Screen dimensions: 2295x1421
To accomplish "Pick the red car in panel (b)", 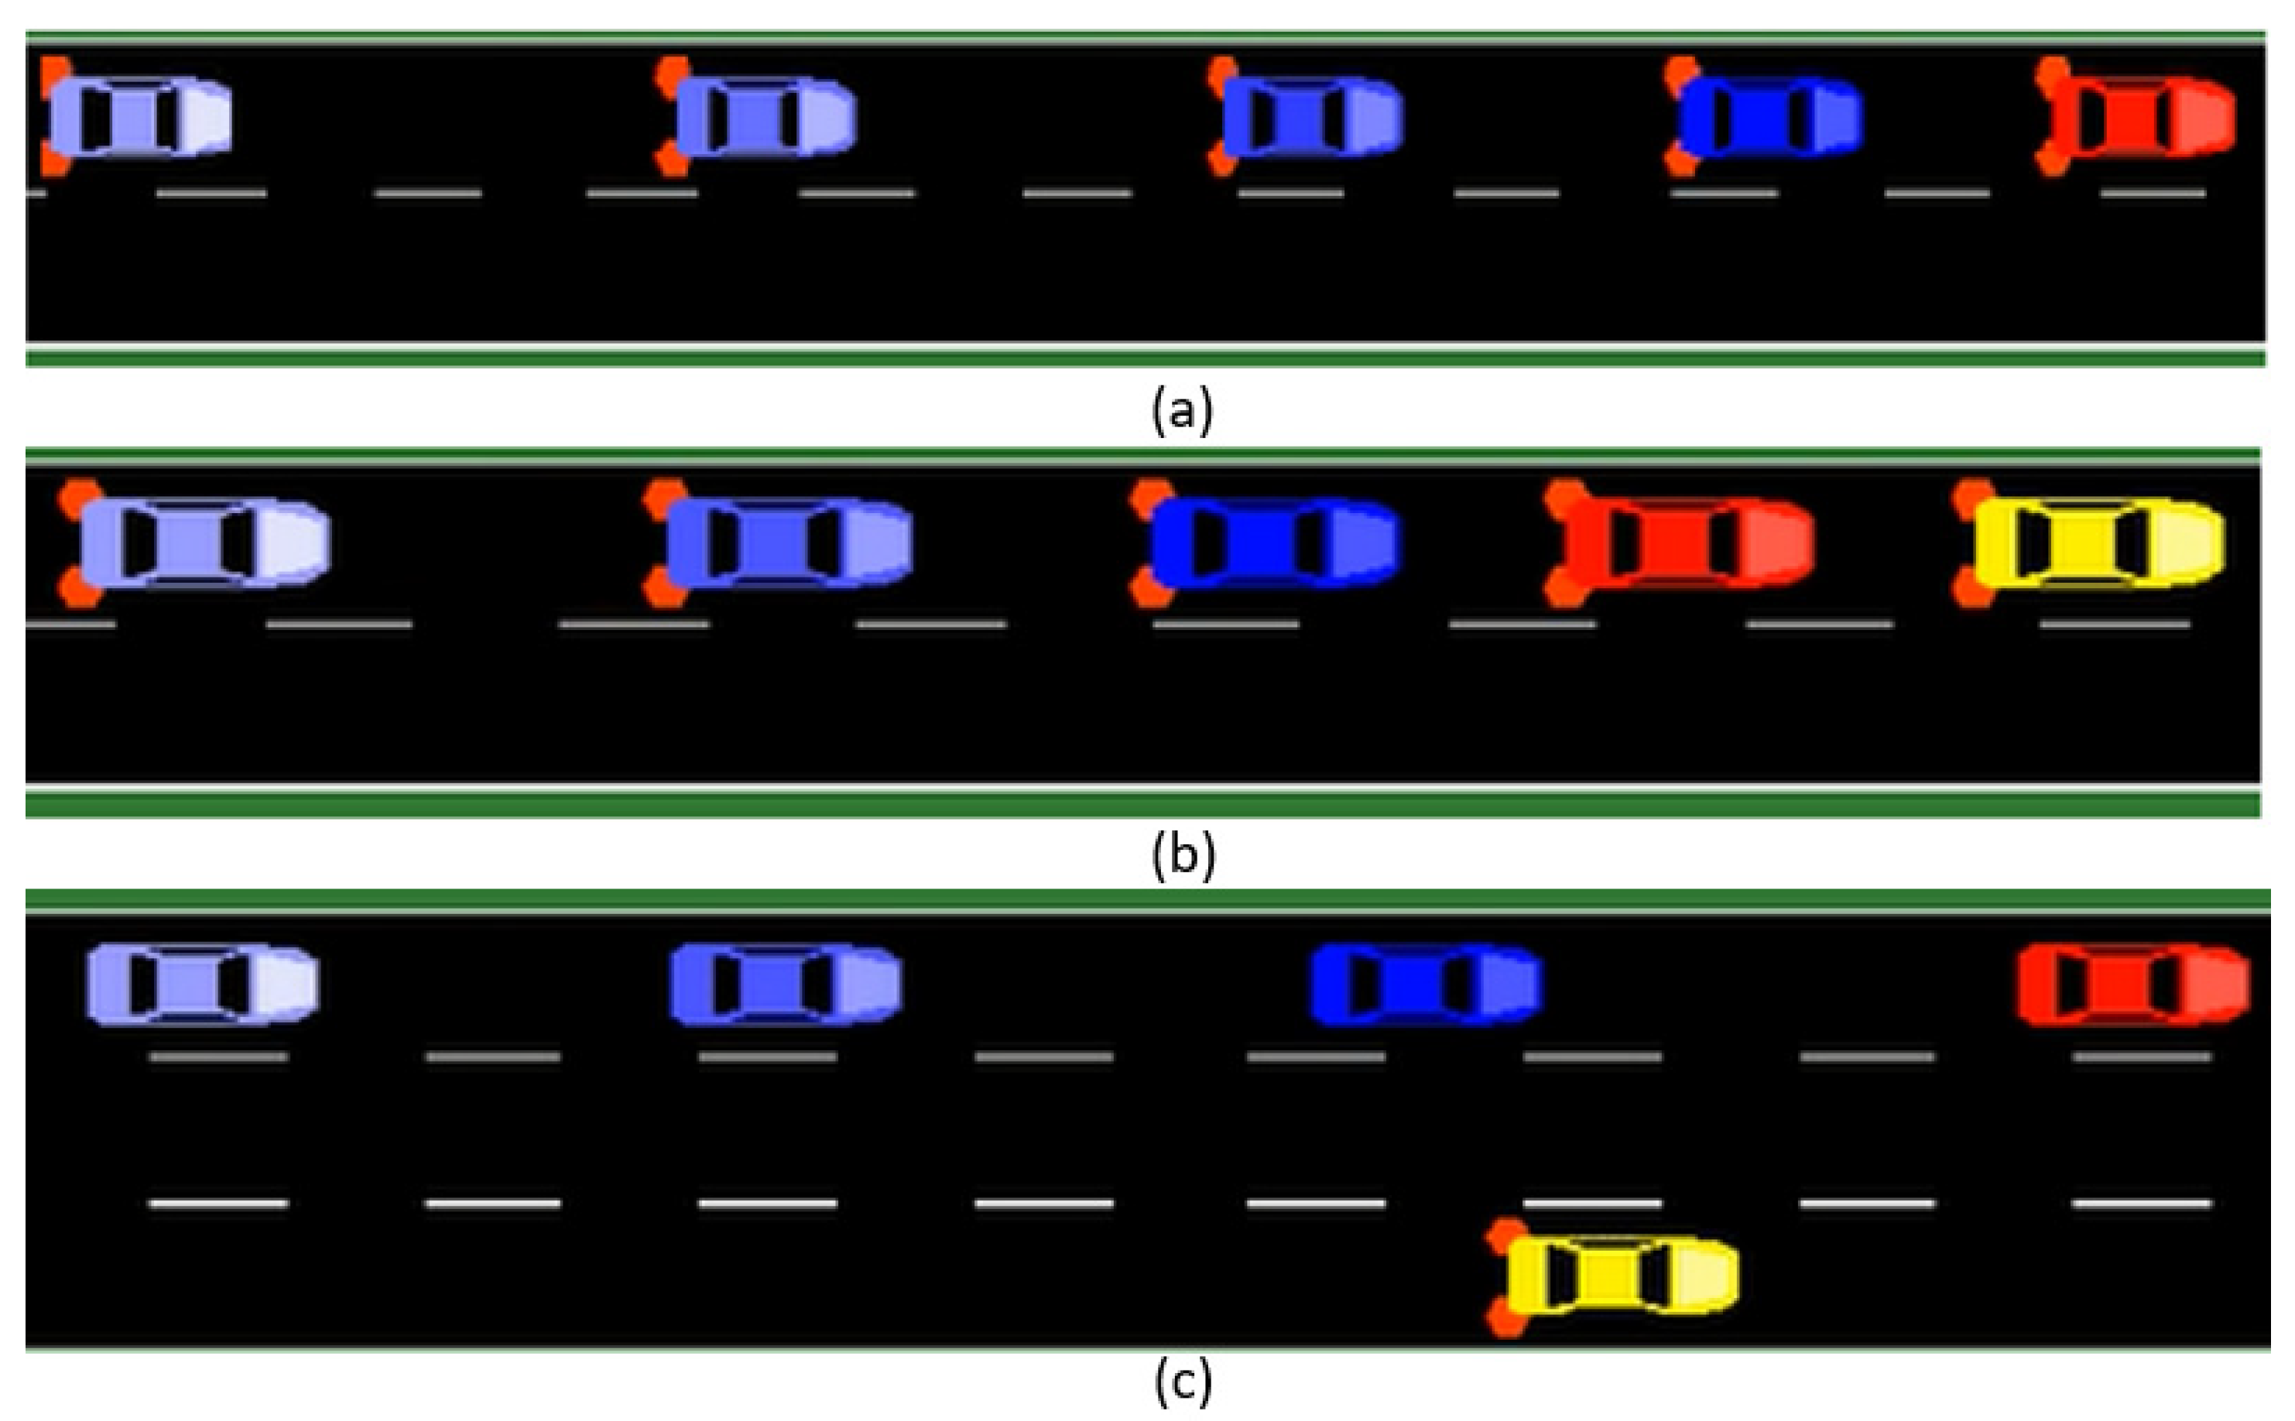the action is click(x=1682, y=544).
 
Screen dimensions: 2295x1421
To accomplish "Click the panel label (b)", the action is click(x=1182, y=854).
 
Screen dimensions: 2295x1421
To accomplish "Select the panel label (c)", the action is click(x=1182, y=1382).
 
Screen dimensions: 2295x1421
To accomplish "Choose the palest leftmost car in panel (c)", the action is click(x=202, y=985).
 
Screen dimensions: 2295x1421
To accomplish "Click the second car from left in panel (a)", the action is click(x=763, y=118).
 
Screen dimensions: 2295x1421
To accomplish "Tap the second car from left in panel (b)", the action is click(x=786, y=544).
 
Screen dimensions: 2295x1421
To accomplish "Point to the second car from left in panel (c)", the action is click(x=786, y=985).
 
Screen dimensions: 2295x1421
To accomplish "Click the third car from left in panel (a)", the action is click(x=1310, y=118).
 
